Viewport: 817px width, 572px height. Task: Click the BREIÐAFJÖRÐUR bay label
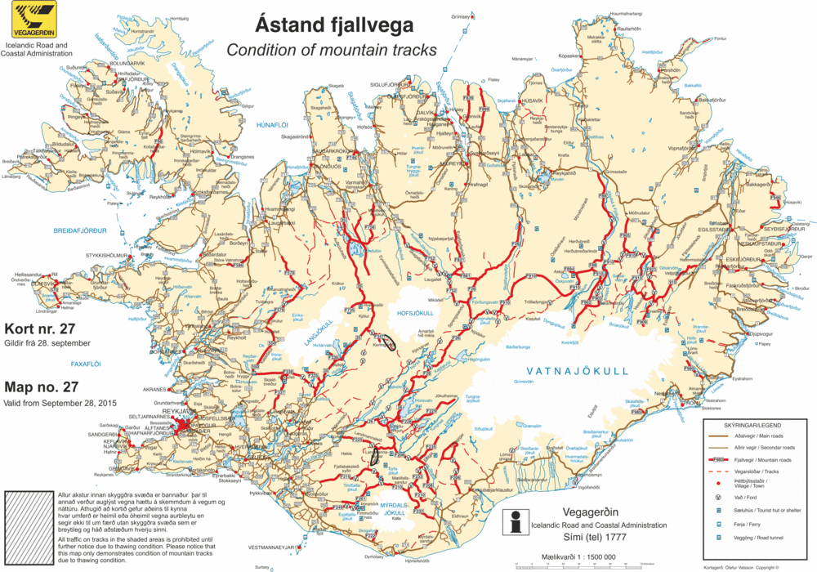pos(80,231)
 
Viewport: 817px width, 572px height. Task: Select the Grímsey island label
pos(462,16)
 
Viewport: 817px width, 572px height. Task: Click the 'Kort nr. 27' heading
pos(39,328)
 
